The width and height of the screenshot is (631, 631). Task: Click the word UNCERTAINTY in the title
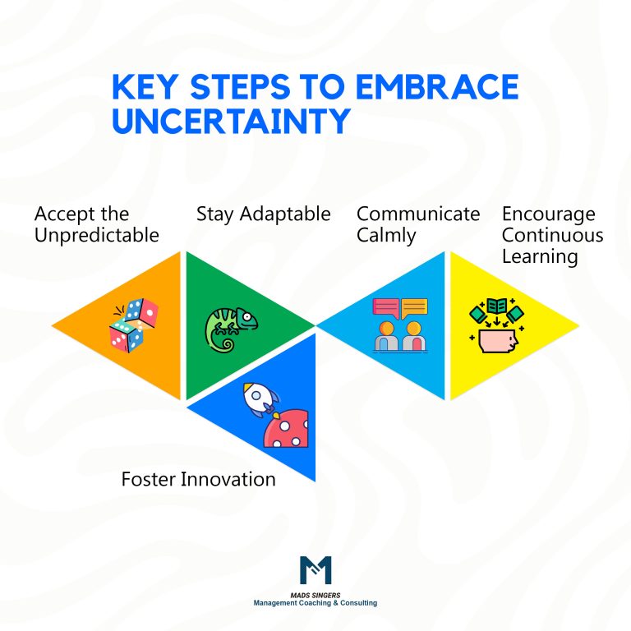tap(231, 120)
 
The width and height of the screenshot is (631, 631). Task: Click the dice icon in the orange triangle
tap(133, 324)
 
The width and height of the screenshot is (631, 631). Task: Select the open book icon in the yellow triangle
tap(497, 307)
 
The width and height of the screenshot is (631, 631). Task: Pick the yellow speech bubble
tap(414, 308)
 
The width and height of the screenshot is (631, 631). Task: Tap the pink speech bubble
tap(385, 308)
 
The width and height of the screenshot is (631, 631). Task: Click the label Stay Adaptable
tap(263, 214)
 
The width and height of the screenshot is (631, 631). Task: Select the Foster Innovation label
tap(198, 478)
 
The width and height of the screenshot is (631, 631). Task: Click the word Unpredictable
tap(97, 235)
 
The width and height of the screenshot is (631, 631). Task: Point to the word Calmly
tap(386, 235)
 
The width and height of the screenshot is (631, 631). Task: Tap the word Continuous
tap(553, 235)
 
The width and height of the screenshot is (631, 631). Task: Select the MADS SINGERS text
tap(315, 595)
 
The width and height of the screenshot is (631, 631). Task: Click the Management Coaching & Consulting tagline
tap(315, 603)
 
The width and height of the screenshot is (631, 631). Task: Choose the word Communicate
tap(418, 214)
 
